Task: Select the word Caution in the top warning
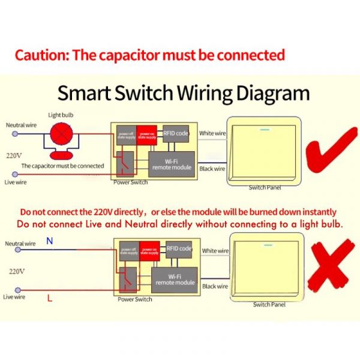pyautogui.click(x=40, y=56)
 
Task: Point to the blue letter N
pyautogui.click(x=50, y=242)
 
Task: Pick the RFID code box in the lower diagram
pyautogui.click(x=179, y=248)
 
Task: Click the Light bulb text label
pyautogui.click(x=61, y=115)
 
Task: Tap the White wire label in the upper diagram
pyautogui.click(x=212, y=133)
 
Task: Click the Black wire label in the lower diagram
pyautogui.click(x=215, y=287)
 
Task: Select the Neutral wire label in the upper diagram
pyautogui.click(x=21, y=125)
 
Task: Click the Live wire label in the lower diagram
pyautogui.click(x=14, y=296)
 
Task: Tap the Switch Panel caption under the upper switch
pyautogui.click(x=265, y=188)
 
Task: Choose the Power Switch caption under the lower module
pyautogui.click(x=135, y=299)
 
